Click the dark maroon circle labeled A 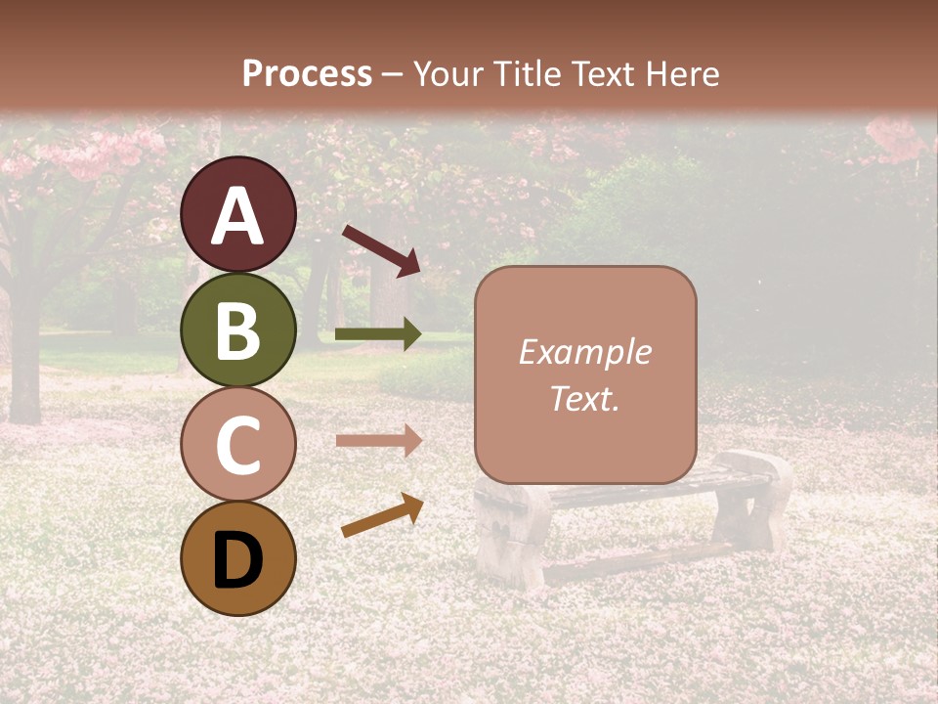pos(237,214)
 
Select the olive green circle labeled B pos(237,330)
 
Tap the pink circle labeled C pos(237,444)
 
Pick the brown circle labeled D pos(237,558)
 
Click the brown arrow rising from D pos(382,515)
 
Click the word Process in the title pos(307,73)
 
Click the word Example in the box pos(584,352)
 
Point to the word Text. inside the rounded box pos(584,398)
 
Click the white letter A pos(237,216)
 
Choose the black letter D pos(237,560)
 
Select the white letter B pos(237,330)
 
